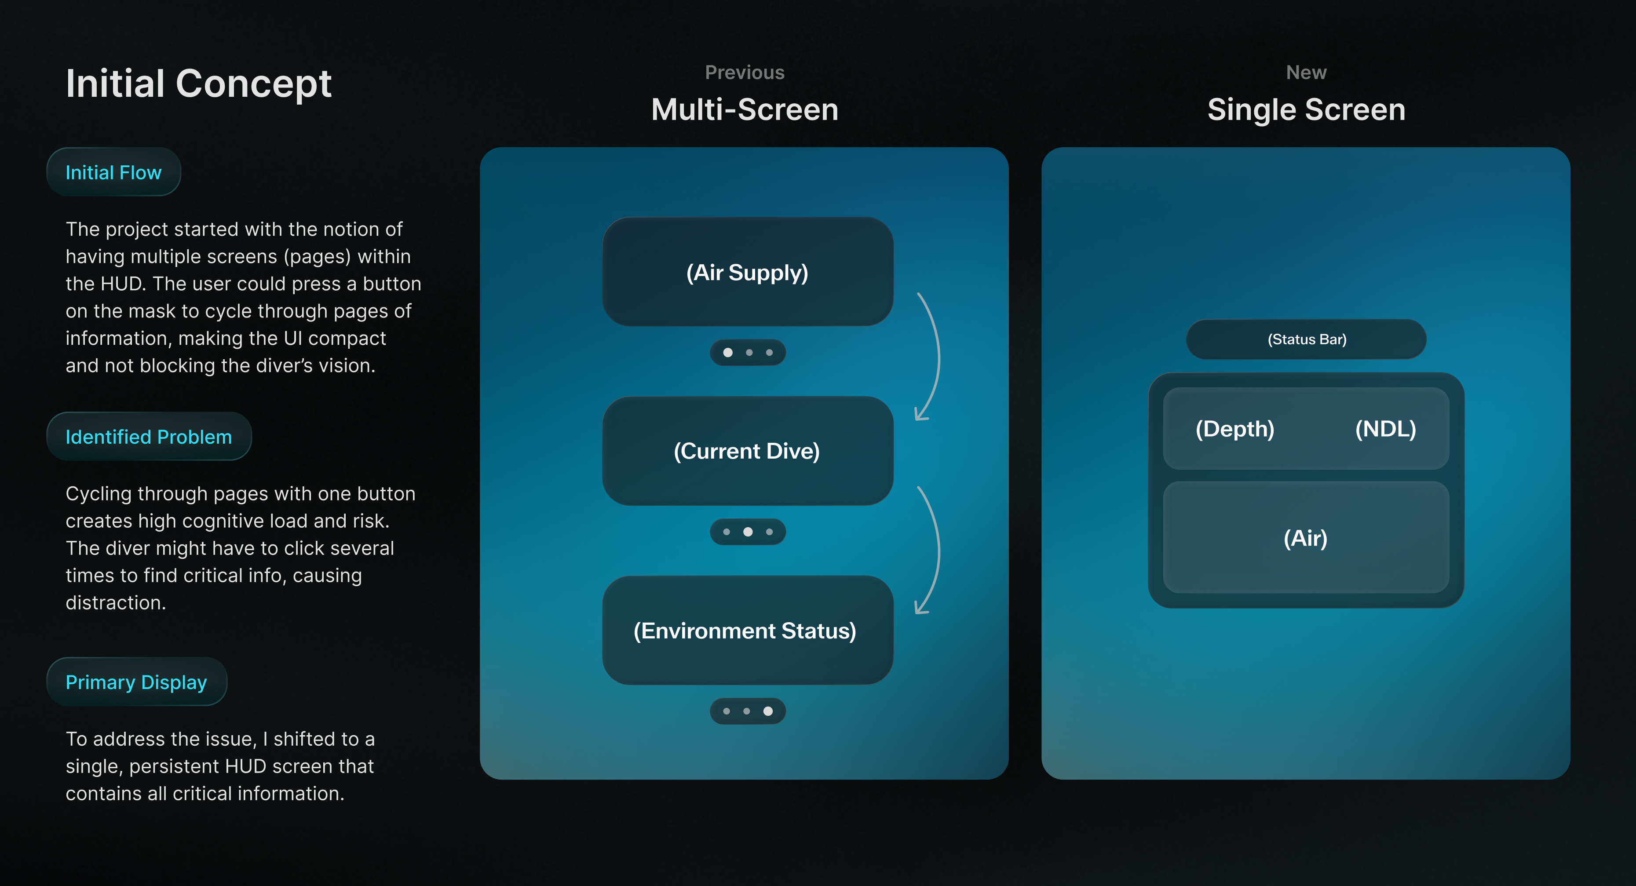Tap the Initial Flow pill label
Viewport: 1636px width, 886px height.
coord(113,172)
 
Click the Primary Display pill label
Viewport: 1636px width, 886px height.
coord(136,682)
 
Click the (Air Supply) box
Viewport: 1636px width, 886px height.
coord(748,272)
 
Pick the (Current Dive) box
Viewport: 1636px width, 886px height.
coord(748,451)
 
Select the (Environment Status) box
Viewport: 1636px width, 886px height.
coord(748,630)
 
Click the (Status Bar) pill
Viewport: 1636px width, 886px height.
coord(1307,339)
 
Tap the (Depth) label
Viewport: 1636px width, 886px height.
coord(1234,429)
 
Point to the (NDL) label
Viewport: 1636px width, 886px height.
coord(1385,429)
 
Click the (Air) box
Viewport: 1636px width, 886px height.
coord(1306,538)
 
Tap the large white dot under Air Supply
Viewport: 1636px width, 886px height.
coord(728,353)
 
